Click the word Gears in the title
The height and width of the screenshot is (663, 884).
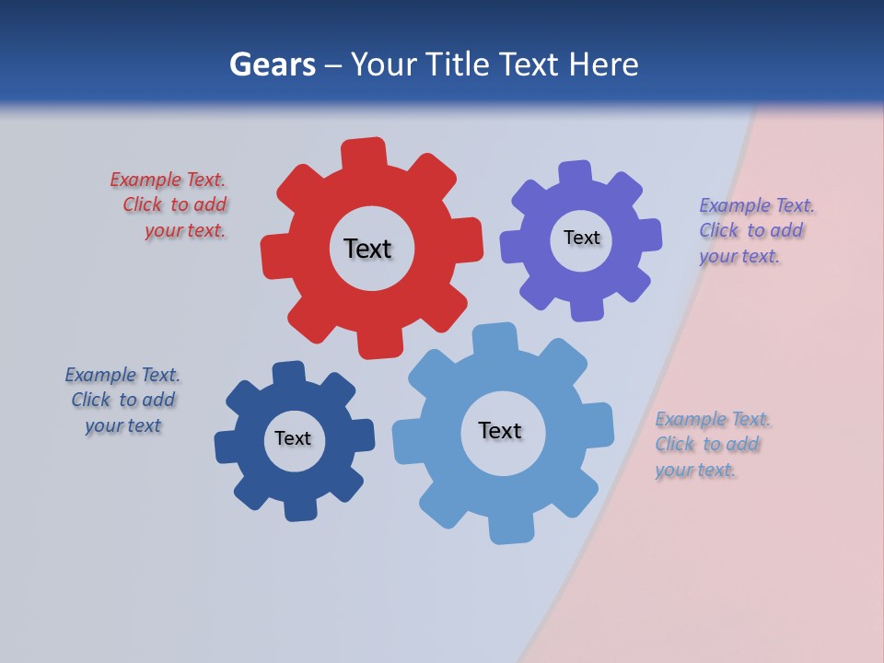(272, 64)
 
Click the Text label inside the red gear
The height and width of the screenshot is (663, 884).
(367, 249)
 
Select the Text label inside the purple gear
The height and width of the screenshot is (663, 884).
(581, 238)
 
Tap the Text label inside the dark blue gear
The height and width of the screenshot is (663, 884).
(293, 438)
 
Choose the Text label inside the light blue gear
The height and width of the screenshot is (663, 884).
(500, 430)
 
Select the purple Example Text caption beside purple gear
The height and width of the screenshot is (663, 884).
(755, 230)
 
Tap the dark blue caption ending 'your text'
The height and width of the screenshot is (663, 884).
(122, 401)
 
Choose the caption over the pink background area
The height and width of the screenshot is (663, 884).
(711, 444)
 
